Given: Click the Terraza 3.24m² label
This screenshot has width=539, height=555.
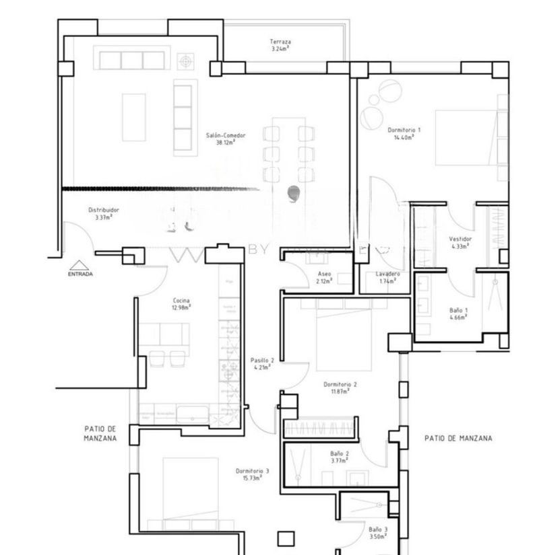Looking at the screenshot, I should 280,45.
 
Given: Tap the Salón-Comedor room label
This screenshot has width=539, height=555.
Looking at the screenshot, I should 226,139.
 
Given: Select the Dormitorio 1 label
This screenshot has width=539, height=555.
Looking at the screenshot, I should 404,133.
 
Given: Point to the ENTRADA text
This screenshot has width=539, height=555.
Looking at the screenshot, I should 80,274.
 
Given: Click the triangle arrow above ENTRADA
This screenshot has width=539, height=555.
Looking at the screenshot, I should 80,265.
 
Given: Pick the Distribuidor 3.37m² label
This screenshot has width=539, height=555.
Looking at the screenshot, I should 104,213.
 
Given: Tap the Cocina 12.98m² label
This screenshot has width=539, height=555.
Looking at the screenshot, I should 181,303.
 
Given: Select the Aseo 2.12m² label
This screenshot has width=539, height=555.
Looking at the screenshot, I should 324,277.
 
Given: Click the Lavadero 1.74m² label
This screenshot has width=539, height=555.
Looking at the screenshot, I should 388,277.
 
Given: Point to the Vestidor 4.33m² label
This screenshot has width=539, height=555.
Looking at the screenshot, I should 460,242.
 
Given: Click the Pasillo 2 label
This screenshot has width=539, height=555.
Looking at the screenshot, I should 261,364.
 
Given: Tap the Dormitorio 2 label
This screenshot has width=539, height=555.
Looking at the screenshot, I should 340,387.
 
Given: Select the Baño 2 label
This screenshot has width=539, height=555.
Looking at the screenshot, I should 340,457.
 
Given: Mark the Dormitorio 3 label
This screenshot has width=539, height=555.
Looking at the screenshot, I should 253,474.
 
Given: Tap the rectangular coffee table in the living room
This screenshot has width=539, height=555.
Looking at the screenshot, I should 134,117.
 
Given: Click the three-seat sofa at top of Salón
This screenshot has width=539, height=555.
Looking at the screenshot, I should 132,60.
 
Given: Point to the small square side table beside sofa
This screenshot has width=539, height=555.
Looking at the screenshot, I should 185,61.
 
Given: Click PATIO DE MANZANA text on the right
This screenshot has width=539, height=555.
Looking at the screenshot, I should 458,438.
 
